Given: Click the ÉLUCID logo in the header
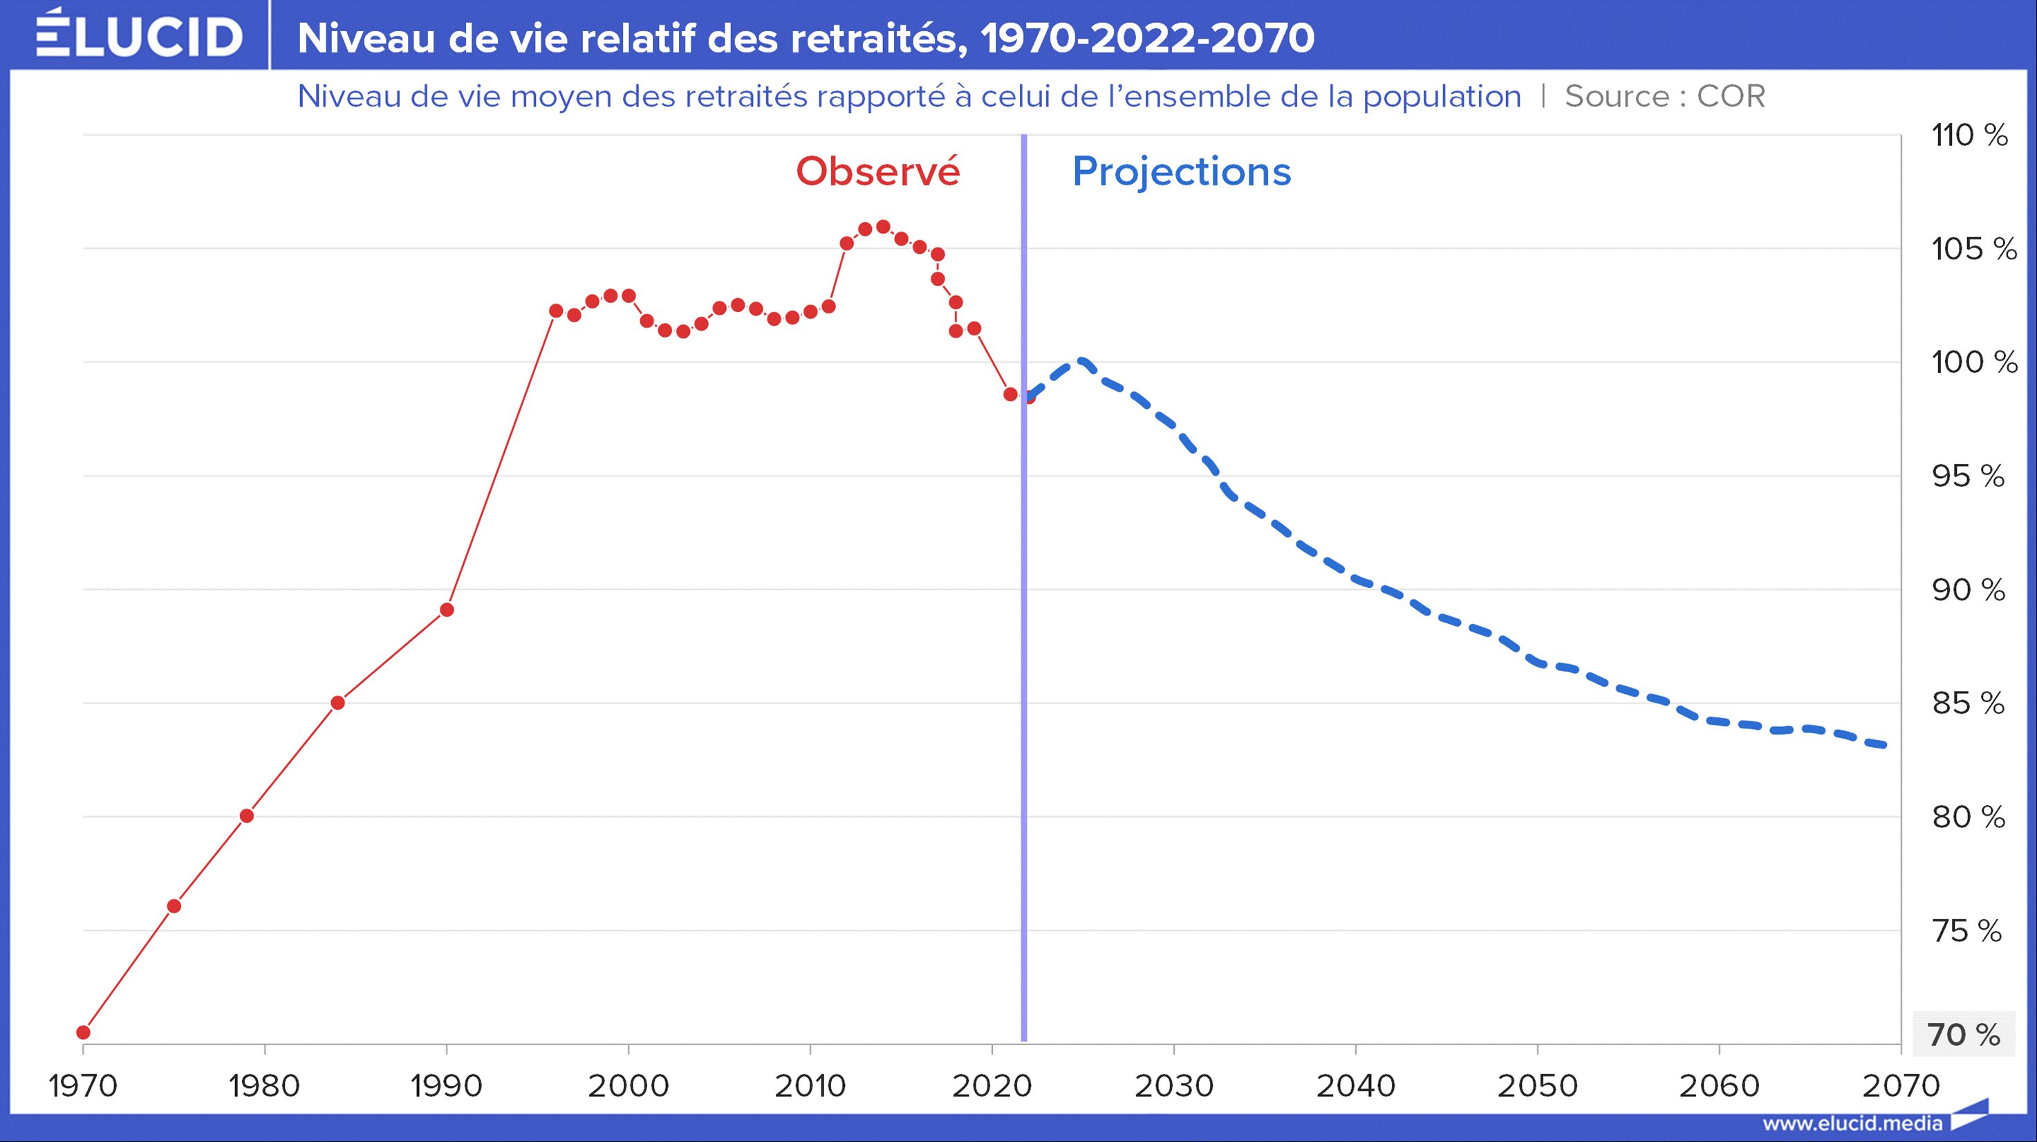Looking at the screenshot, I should click(x=139, y=35).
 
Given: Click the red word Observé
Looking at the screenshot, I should click(x=877, y=172).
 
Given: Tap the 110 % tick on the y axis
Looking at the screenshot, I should click(x=1969, y=136).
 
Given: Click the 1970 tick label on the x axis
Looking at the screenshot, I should click(x=83, y=1086).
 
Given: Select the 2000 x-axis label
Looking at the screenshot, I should click(x=628, y=1086).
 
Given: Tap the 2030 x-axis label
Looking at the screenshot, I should click(x=1173, y=1086).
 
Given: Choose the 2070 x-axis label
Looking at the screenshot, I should click(x=1900, y=1086).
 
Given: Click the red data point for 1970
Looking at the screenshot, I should click(x=83, y=1032).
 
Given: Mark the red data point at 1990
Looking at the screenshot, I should click(x=447, y=610).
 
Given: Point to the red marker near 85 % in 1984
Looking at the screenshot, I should click(x=337, y=702).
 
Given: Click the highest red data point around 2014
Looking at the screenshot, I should click(x=883, y=227).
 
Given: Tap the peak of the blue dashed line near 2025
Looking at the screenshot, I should click(x=1081, y=362).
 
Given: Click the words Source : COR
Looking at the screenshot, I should click(x=1664, y=96).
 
